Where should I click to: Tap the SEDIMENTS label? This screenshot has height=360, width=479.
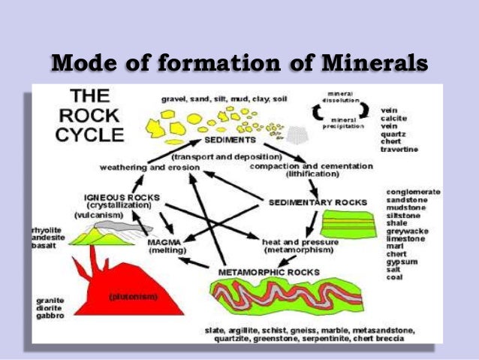pyautogui.click(x=229, y=141)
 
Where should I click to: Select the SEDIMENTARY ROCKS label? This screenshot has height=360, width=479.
pyautogui.click(x=318, y=202)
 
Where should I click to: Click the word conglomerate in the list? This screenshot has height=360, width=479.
pyautogui.click(x=413, y=192)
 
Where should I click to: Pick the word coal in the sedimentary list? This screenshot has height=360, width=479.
pyautogui.click(x=395, y=277)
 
